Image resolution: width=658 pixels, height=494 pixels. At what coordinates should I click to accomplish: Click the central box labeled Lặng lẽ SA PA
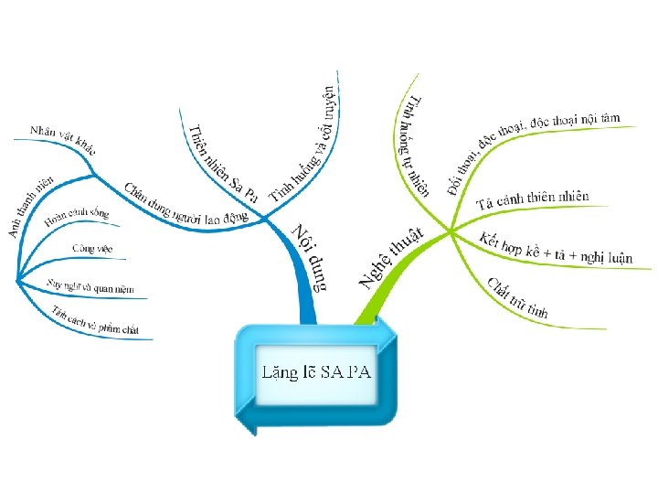click(x=315, y=372)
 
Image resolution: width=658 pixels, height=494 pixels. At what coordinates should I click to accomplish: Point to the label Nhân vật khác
click(x=62, y=137)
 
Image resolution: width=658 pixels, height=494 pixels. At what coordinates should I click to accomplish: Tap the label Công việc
click(x=92, y=248)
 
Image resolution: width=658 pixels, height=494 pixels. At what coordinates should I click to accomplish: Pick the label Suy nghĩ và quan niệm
click(x=90, y=286)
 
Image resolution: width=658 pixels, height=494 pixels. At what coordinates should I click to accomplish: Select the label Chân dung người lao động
click(x=186, y=199)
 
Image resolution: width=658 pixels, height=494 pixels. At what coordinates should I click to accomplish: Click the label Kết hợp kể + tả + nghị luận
click(x=555, y=249)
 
